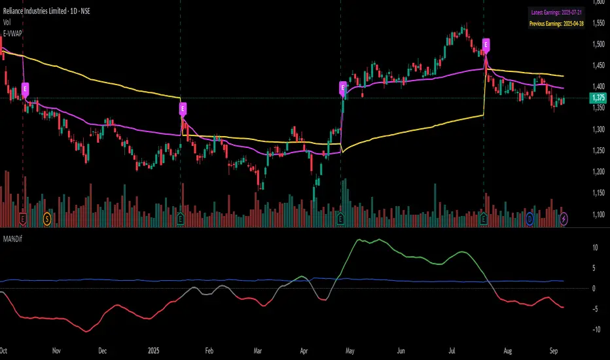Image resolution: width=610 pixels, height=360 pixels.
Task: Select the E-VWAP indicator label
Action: pyautogui.click(x=12, y=31)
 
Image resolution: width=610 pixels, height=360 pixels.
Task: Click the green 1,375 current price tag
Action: pyautogui.click(x=598, y=98)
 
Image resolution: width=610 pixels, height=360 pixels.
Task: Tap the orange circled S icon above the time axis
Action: pyautogui.click(x=46, y=217)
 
